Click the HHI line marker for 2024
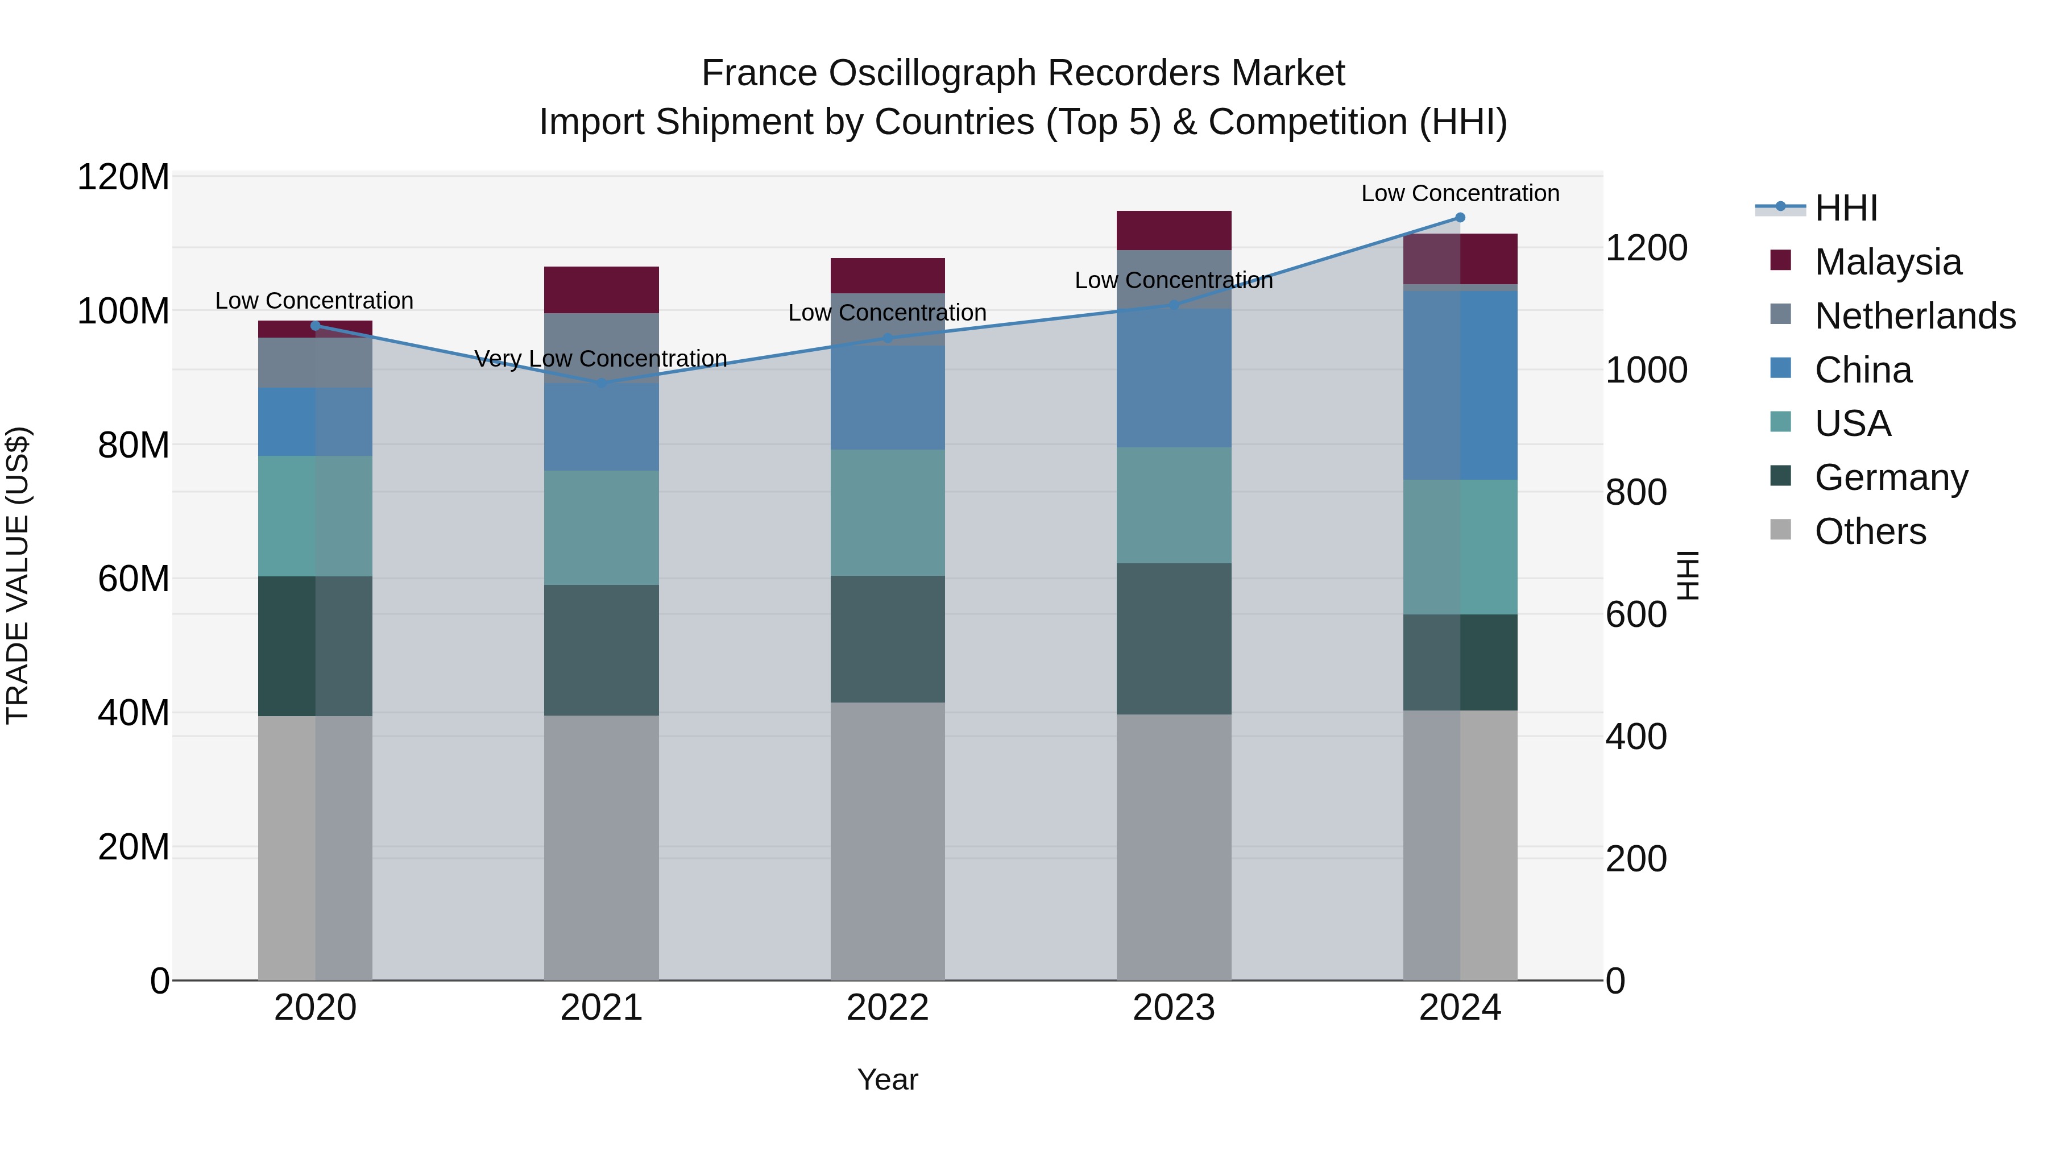1460,218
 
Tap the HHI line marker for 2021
602,384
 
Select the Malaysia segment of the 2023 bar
1174,230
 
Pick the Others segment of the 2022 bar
888,841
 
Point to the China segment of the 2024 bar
1460,385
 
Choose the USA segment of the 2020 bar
316,516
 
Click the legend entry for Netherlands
1915,316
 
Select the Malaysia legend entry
1888,262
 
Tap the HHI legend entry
1846,208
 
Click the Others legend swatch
1781,530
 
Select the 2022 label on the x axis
888,1008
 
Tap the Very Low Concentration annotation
601,359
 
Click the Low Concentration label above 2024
1460,193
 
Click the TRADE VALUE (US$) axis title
18,575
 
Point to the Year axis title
888,1079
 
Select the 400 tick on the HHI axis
1636,736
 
